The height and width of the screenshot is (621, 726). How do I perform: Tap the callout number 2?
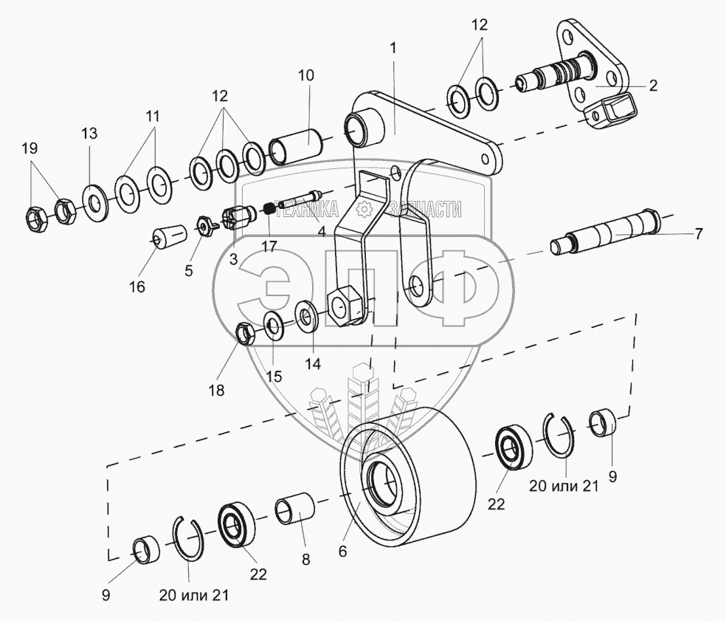click(x=653, y=86)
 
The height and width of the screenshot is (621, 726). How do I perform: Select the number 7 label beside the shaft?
click(x=698, y=234)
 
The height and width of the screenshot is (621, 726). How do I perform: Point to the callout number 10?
click(x=306, y=75)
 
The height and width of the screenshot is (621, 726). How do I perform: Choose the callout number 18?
click(x=215, y=389)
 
